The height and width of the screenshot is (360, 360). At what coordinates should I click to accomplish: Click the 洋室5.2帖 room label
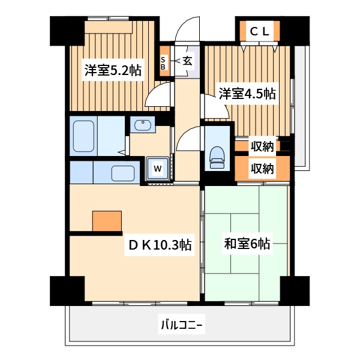pyautogui.click(x=113, y=70)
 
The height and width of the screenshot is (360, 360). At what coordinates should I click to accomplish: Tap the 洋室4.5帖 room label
pyautogui.click(x=247, y=94)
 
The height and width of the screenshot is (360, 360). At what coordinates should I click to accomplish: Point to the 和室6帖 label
pyautogui.click(x=247, y=244)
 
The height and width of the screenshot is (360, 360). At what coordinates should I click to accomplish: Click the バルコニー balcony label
pyautogui.click(x=181, y=326)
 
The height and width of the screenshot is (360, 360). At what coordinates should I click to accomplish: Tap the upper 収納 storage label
pyautogui.click(x=262, y=146)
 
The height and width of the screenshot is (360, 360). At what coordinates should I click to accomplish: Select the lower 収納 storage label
pyautogui.click(x=262, y=169)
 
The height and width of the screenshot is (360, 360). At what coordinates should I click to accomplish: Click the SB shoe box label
pyautogui.click(x=163, y=63)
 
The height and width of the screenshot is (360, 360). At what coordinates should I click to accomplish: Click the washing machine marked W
pyautogui.click(x=157, y=169)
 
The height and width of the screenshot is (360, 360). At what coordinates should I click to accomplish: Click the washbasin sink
pyautogui.click(x=143, y=125)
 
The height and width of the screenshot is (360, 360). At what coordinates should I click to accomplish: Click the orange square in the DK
pyautogui.click(x=107, y=221)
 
